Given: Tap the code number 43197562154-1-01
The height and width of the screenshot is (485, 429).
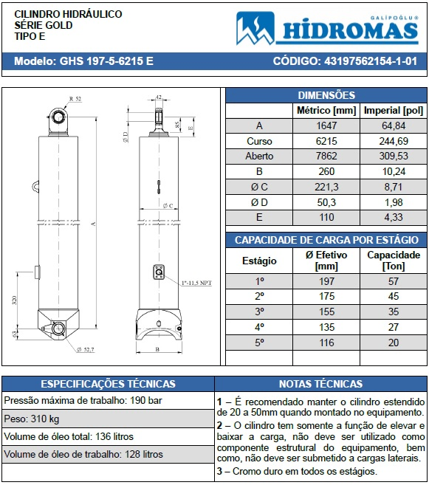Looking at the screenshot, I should pyautogui.click(x=350, y=61).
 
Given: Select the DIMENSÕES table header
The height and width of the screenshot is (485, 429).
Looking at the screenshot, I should pyautogui.click(x=326, y=95).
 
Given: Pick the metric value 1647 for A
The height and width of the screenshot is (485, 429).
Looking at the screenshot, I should pyautogui.click(x=326, y=126).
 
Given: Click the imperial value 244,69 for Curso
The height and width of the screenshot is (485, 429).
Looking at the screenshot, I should pyautogui.click(x=393, y=141).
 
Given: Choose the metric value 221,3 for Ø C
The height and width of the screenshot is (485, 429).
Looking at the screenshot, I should pyautogui.click(x=326, y=187).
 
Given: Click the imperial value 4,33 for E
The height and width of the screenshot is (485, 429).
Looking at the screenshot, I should pyautogui.click(x=393, y=217).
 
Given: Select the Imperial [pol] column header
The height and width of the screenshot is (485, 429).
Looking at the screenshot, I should pyautogui.click(x=393, y=111).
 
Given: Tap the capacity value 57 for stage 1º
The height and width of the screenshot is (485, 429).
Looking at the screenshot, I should pyautogui.click(x=393, y=281).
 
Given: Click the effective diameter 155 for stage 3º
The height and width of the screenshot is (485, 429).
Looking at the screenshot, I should pyautogui.click(x=326, y=312).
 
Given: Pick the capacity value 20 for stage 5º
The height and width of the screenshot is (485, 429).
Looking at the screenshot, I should pyautogui.click(x=393, y=343).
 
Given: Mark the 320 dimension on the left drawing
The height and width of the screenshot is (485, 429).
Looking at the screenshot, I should pyautogui.click(x=15, y=301).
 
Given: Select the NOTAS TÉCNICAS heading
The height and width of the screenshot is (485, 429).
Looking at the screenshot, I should pyautogui.click(x=320, y=384).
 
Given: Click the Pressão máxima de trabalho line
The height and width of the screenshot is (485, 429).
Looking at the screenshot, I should pyautogui.click(x=83, y=400).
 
